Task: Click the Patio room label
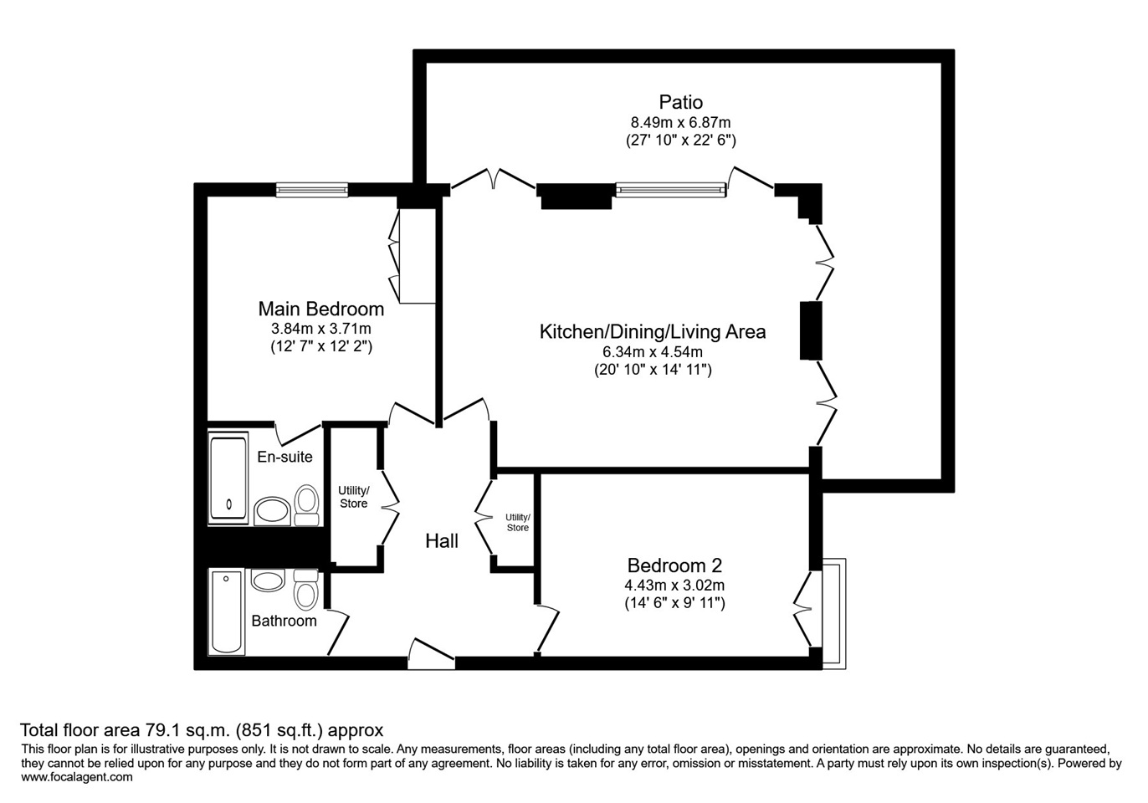tap(680, 102)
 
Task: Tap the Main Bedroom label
tap(320, 309)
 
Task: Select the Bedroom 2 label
tap(674, 565)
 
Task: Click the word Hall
tap(442, 540)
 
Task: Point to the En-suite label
tap(284, 457)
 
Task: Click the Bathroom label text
tap(284, 621)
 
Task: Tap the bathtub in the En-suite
tap(228, 478)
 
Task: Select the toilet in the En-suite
tap(306, 504)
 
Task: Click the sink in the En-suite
tap(273, 510)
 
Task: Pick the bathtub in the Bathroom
tap(226, 611)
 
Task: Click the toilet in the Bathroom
tap(306, 590)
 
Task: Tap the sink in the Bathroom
tap(268, 581)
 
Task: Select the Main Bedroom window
tap(312, 190)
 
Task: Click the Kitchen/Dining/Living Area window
tap(671, 190)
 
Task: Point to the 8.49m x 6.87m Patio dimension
tap(680, 123)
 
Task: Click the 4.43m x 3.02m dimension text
tap(674, 585)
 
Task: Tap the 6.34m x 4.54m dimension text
tap(653, 352)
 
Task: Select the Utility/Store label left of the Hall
tap(354, 497)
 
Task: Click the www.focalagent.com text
tap(77, 777)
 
